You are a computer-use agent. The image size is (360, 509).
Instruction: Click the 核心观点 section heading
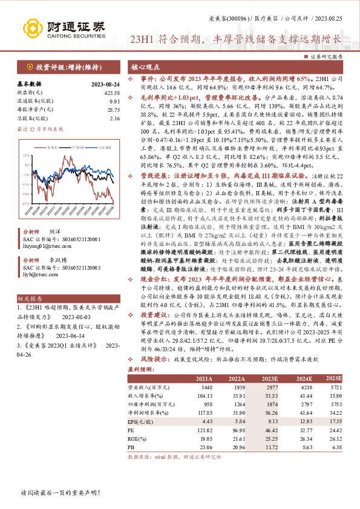pos(147,69)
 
